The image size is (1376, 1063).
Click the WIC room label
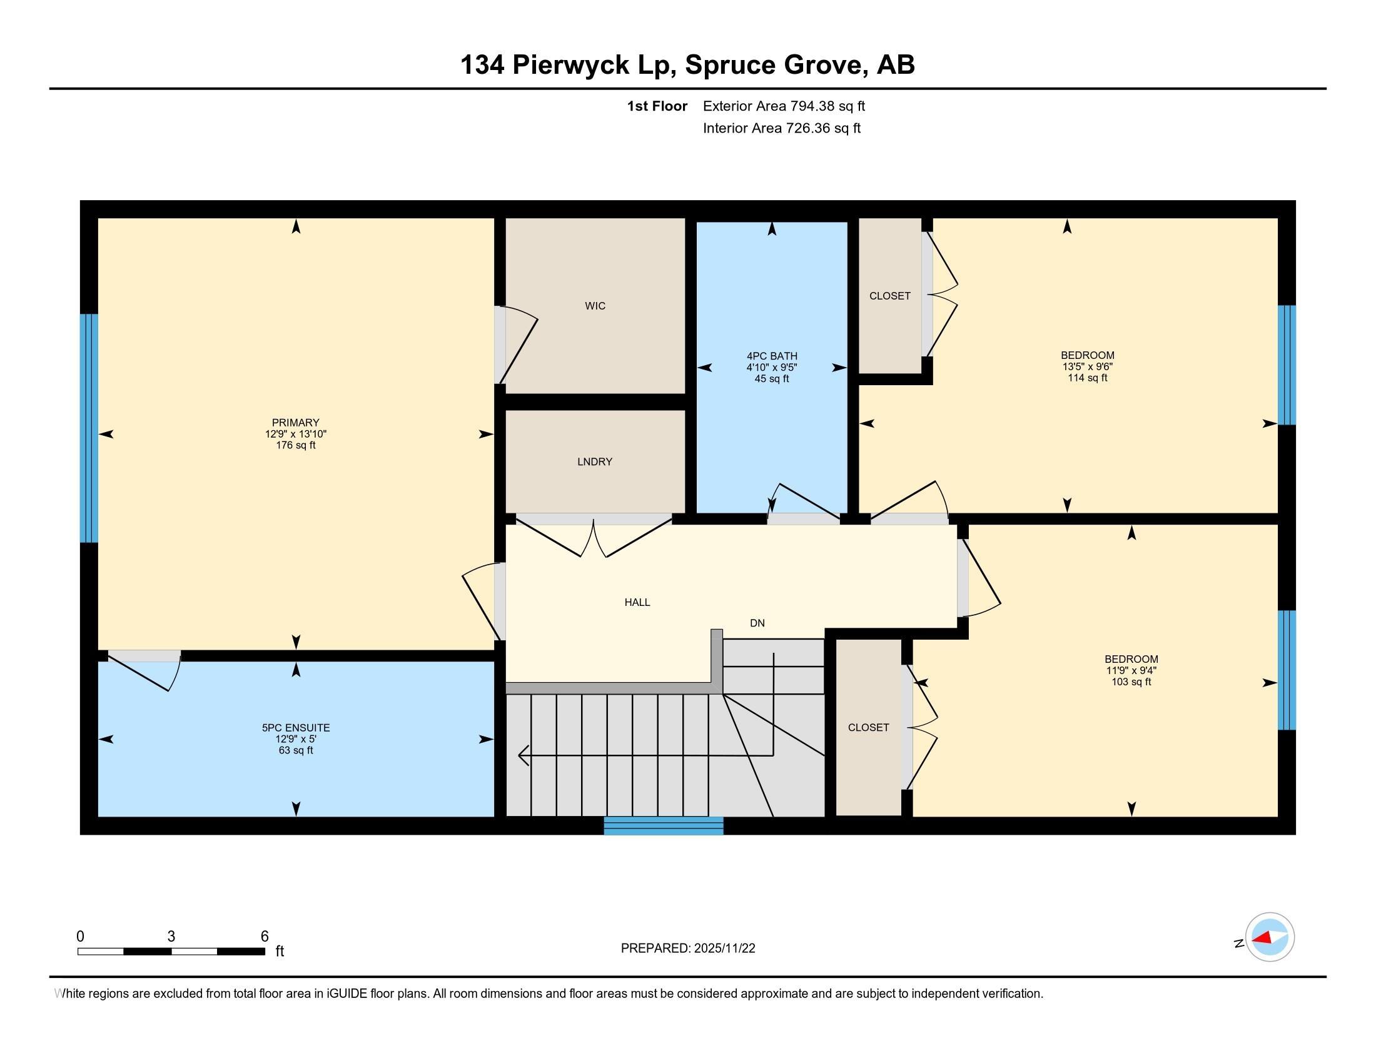tap(595, 306)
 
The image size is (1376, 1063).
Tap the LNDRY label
tap(594, 461)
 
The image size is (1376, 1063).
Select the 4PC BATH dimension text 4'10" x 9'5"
tap(772, 367)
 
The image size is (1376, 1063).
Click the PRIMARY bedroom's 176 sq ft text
tap(295, 445)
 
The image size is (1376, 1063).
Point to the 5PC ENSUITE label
tap(295, 727)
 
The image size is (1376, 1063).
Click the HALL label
tap(637, 602)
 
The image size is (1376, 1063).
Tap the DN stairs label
tap(757, 623)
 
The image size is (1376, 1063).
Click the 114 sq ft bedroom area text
tap(1087, 378)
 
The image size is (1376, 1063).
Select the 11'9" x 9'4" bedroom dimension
tap(1131, 671)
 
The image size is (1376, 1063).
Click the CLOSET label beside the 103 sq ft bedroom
tap(868, 727)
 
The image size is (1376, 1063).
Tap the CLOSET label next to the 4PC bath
tap(889, 296)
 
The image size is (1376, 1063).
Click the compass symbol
tap(1270, 937)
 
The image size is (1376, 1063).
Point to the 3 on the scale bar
tap(171, 937)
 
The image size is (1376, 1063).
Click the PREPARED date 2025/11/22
tap(724, 949)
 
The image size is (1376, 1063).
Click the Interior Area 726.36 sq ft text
tap(781, 128)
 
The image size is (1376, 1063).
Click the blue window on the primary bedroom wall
tap(89, 428)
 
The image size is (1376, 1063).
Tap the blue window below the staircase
tap(663, 825)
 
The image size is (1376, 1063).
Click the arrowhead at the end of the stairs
tap(522, 755)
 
